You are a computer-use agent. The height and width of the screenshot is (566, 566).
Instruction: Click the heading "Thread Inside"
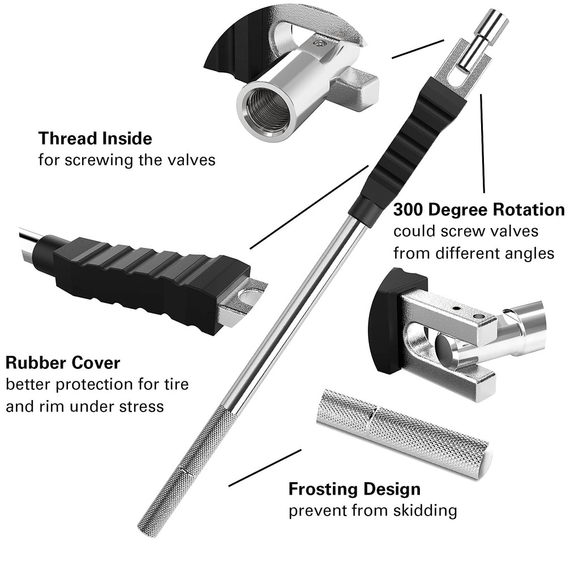click(x=95, y=138)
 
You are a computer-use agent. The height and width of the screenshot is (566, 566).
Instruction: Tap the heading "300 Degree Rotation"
click(x=479, y=210)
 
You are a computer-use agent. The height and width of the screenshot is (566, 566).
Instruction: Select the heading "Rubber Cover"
click(x=63, y=362)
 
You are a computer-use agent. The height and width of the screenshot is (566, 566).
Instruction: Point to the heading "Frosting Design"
click(x=354, y=488)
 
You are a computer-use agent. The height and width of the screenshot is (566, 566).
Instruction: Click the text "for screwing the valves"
click(x=127, y=160)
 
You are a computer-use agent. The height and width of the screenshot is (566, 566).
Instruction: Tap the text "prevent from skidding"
click(x=372, y=511)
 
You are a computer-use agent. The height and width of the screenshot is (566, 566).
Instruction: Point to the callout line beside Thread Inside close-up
click(x=418, y=49)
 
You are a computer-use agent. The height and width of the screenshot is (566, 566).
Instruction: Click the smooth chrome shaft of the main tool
click(x=294, y=317)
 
